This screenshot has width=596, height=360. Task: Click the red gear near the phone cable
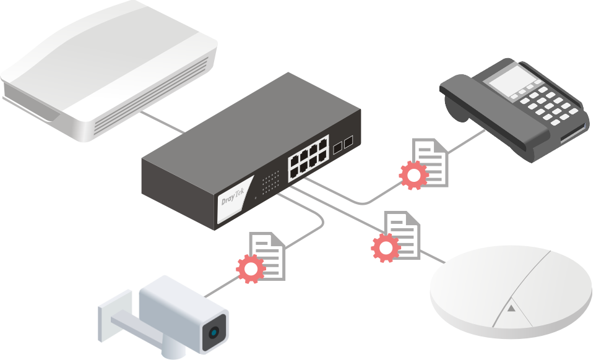pyautogui.click(x=413, y=174)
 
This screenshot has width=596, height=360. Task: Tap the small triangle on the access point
pyautogui.click(x=511, y=307)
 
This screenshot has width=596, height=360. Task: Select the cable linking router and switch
pyautogui.click(x=163, y=123)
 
